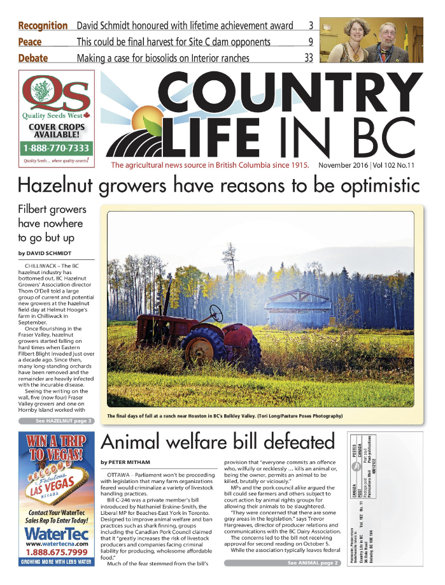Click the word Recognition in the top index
coord(43,26)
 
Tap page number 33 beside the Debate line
coord(309,59)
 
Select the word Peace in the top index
coord(30,42)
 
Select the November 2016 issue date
coord(348,166)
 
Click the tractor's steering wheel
coord(216,312)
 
